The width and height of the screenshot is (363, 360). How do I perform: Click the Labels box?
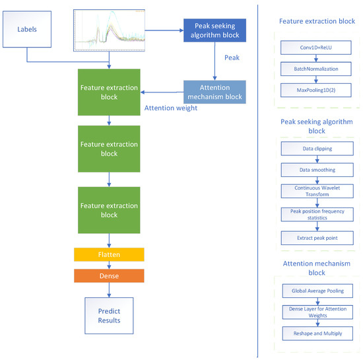(x=27, y=30)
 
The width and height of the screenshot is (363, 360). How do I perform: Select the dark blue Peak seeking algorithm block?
(x=214, y=30)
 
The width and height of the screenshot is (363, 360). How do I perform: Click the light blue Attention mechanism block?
(x=214, y=92)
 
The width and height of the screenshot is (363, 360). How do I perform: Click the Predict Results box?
(x=109, y=314)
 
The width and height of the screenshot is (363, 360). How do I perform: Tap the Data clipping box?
(x=317, y=149)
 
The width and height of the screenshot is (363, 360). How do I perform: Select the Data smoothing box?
(x=317, y=170)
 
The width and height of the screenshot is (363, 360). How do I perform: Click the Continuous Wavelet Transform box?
(x=317, y=192)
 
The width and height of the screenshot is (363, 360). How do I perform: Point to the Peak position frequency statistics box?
(x=317, y=214)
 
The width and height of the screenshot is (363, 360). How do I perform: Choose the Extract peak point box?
(x=317, y=236)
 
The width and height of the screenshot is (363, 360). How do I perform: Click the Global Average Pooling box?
(x=317, y=291)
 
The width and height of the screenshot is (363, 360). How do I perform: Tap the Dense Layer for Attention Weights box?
(x=317, y=312)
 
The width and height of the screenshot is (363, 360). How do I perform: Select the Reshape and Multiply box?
(x=317, y=334)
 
